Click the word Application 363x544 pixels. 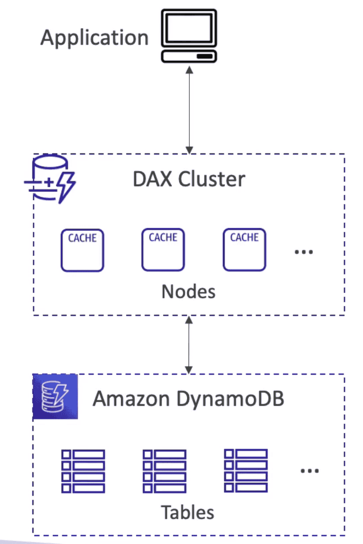[x=94, y=38]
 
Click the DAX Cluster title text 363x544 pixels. [x=189, y=180]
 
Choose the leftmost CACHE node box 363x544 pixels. [x=82, y=250]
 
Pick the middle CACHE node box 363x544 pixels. [x=163, y=249]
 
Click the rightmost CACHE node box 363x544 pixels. [x=244, y=249]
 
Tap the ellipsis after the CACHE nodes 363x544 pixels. [x=303, y=251]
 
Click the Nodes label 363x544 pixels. [x=189, y=291]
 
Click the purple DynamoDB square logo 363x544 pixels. [x=55, y=396]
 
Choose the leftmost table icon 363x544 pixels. [x=83, y=471]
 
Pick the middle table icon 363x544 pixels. [x=164, y=471]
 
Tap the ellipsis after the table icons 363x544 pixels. [x=309, y=470]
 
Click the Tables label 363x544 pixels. [x=188, y=512]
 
